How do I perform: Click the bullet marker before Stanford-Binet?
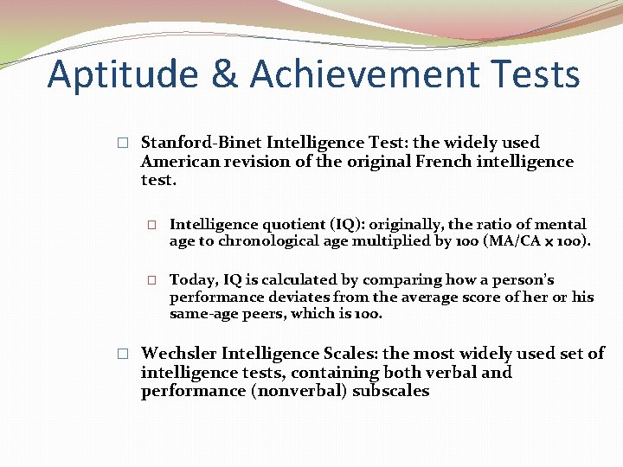tap(123, 143)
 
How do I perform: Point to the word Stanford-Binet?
tap(201, 143)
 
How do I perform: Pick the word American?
tap(181, 162)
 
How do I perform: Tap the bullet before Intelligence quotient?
tap(151, 225)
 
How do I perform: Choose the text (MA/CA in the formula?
tap(503, 241)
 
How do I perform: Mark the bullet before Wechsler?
tap(123, 354)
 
